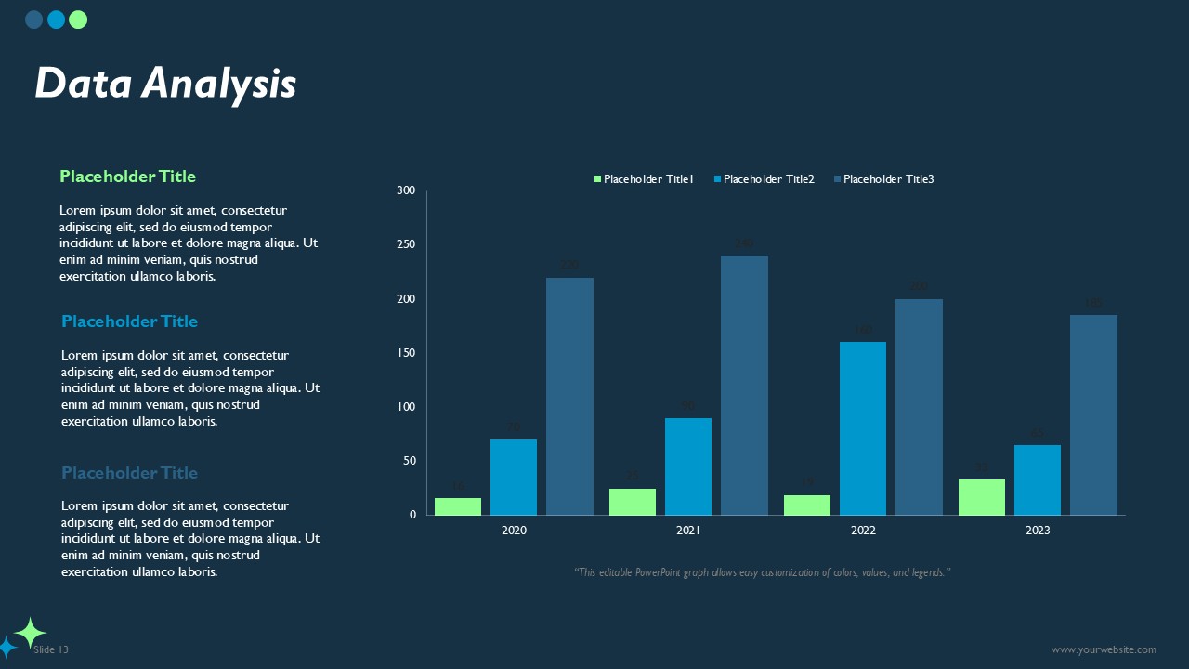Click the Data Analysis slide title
tap(165, 84)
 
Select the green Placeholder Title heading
tap(127, 177)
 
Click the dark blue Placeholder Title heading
tap(129, 473)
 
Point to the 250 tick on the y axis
tap(406, 244)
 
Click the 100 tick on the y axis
tap(406, 407)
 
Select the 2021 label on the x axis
tap(688, 531)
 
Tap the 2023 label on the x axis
tap(1038, 531)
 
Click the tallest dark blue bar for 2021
tap(744, 385)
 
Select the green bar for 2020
tap(458, 506)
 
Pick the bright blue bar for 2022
tap(863, 428)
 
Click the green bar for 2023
tap(982, 497)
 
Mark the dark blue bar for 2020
tap(569, 396)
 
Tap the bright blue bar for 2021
tap(688, 466)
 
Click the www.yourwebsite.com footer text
tap(1104, 650)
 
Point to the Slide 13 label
tap(51, 650)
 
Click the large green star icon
tap(30, 633)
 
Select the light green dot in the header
tap(78, 20)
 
